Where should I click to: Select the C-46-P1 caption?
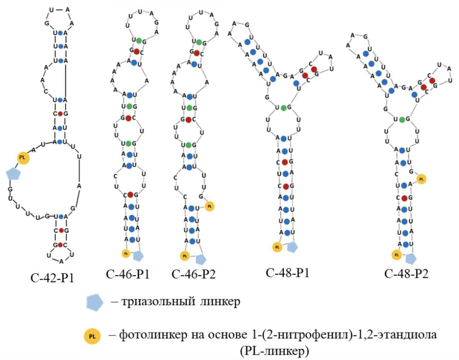coord(128,275)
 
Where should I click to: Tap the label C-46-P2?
coord(193,275)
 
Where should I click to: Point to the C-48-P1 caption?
coord(288,272)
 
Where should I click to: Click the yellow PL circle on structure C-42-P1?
coord(23,157)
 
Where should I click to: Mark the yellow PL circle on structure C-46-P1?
coord(126,253)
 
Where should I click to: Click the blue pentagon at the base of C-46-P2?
coord(201,259)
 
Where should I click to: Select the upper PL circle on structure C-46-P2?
coord(210,206)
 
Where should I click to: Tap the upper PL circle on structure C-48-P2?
coord(421,179)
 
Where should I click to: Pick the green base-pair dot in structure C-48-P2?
coord(402,119)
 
